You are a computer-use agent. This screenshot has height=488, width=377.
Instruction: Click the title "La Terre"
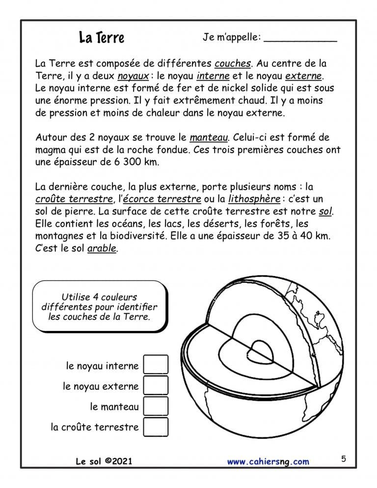[102, 38]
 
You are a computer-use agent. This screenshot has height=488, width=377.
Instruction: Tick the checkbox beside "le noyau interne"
[156, 365]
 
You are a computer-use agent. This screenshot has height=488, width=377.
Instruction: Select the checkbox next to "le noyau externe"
[156, 385]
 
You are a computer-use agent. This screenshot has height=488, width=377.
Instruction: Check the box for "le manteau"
[156, 406]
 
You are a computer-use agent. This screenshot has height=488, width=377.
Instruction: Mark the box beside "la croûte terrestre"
[156, 427]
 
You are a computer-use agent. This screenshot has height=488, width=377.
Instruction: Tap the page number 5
[343, 459]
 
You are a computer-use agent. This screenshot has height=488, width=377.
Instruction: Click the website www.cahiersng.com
[268, 461]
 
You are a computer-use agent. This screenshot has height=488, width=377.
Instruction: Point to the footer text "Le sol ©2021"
[104, 461]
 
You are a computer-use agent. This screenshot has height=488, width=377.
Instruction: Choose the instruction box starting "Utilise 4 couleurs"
[99, 306]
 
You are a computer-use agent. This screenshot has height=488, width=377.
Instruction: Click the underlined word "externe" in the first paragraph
[303, 77]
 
